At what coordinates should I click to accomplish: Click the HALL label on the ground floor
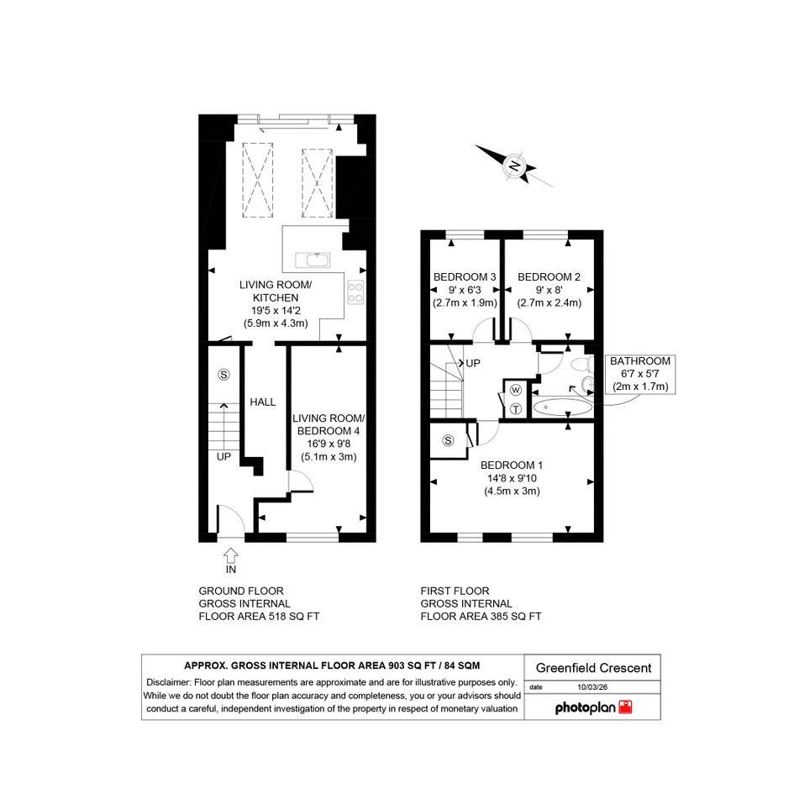(262, 402)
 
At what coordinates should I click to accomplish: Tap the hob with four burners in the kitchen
(355, 292)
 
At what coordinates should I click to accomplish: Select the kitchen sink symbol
(313, 260)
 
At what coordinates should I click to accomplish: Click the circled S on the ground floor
(223, 374)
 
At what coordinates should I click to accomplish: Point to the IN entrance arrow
(231, 556)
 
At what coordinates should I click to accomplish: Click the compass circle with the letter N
(514, 166)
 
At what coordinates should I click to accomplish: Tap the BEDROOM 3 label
(465, 277)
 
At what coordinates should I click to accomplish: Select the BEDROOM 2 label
(549, 277)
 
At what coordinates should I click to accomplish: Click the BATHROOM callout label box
(640, 374)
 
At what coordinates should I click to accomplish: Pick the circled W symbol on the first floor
(516, 390)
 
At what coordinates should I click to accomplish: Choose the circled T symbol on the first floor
(516, 408)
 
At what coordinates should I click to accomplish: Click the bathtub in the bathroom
(563, 407)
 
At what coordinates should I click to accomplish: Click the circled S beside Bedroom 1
(448, 440)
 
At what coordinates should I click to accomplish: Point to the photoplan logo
(593, 707)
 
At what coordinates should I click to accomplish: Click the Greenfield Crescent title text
(593, 668)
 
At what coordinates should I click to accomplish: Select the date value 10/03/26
(592, 687)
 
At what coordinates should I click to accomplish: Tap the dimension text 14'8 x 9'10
(512, 478)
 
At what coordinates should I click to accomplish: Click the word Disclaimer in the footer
(168, 682)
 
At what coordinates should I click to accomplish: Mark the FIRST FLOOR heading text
(455, 591)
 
